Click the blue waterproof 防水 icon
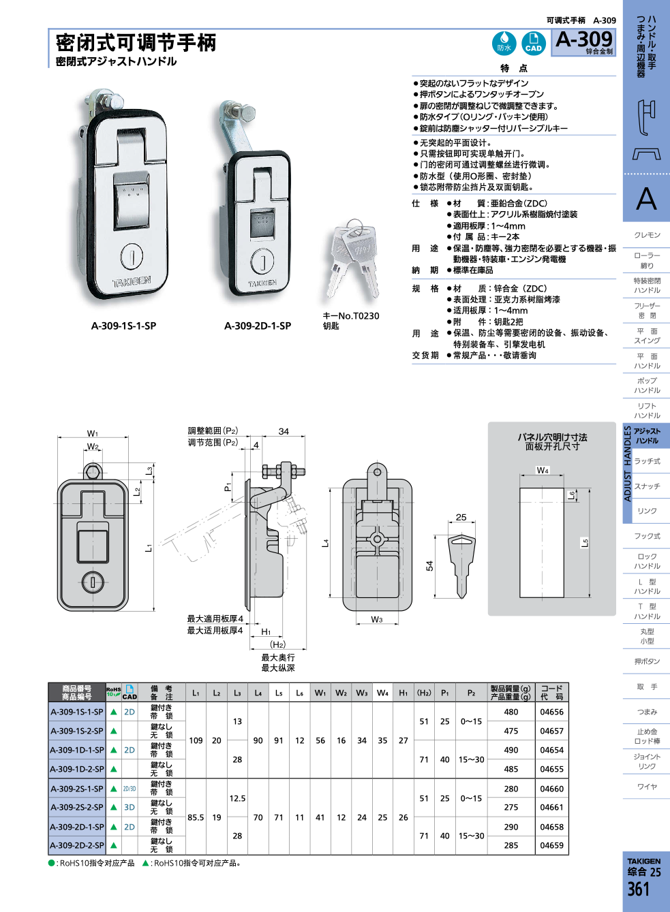point(504,43)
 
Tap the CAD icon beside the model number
point(533,43)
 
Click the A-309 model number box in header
point(583,42)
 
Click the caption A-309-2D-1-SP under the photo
point(258,326)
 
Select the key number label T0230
point(351,315)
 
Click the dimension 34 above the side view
point(284,431)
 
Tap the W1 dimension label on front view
point(93,433)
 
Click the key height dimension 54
point(429,565)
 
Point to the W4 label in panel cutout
point(543,470)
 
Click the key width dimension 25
point(461,517)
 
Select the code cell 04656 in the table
point(551,712)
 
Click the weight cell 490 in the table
point(511,750)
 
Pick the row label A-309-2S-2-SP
point(77,807)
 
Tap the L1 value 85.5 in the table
point(196,817)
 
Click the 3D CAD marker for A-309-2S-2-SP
point(130,807)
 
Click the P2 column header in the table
point(471,693)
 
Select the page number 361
point(639,890)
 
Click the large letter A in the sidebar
point(646,200)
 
